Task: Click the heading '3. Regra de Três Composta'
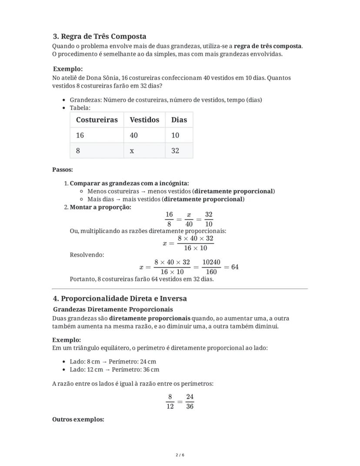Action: coord(100,36)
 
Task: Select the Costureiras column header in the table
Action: coord(97,120)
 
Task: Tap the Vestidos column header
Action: coord(144,120)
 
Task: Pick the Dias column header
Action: coord(179,120)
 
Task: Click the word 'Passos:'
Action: coord(63,169)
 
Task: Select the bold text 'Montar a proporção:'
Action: coord(100,207)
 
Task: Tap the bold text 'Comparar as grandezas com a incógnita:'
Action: coord(129,183)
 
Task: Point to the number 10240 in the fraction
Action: coord(211,262)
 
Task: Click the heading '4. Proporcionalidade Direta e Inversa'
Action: coord(120,298)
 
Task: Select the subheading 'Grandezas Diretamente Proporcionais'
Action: coord(113,309)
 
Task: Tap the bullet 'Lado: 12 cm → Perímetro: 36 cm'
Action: coord(114,369)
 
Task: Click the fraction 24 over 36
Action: coord(190,401)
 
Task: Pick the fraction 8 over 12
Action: coord(170,401)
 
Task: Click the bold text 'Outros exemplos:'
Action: coord(78,419)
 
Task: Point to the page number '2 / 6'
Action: coord(180,455)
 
